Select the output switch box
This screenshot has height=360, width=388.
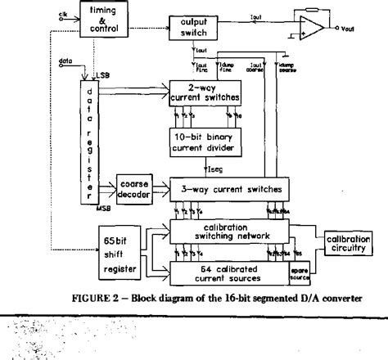194,25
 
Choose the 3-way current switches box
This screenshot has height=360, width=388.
226,189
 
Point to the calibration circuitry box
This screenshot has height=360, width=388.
350,242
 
